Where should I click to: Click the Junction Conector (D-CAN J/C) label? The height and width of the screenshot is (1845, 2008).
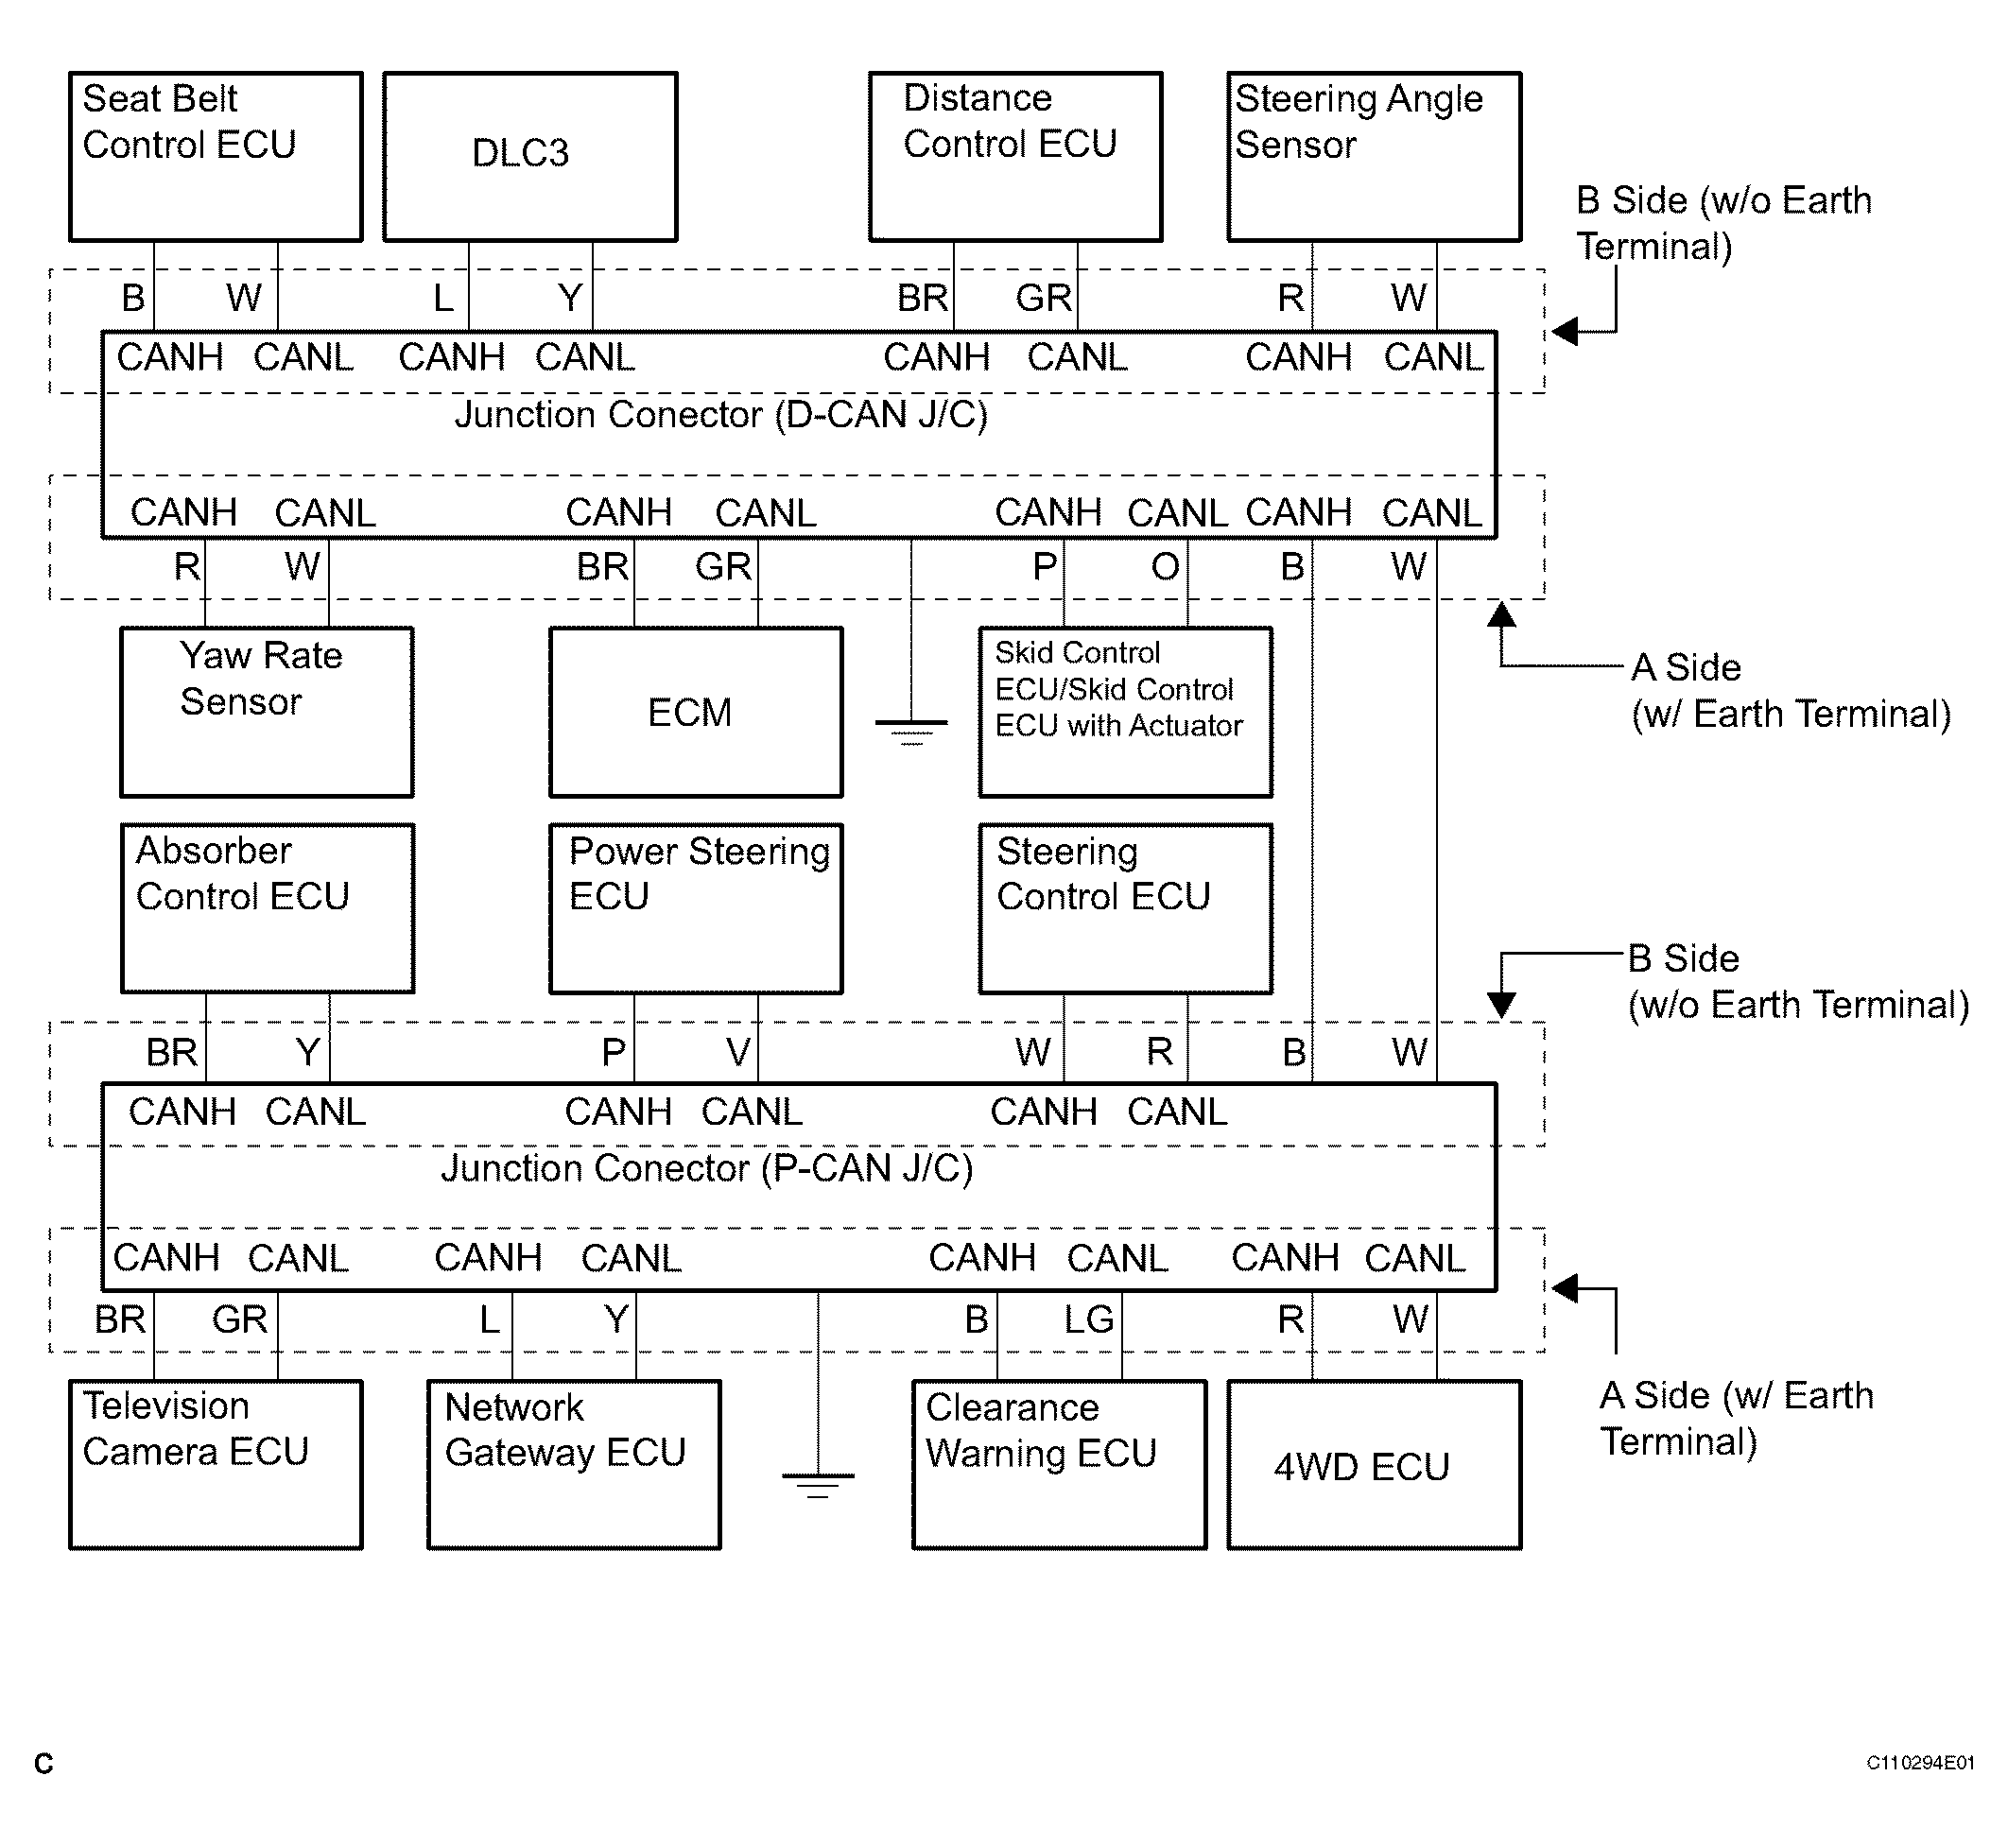coord(721,415)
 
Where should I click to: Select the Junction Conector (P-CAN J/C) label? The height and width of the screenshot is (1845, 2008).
coord(707,1169)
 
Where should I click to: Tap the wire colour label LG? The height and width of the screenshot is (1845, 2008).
coord(1088,1319)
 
